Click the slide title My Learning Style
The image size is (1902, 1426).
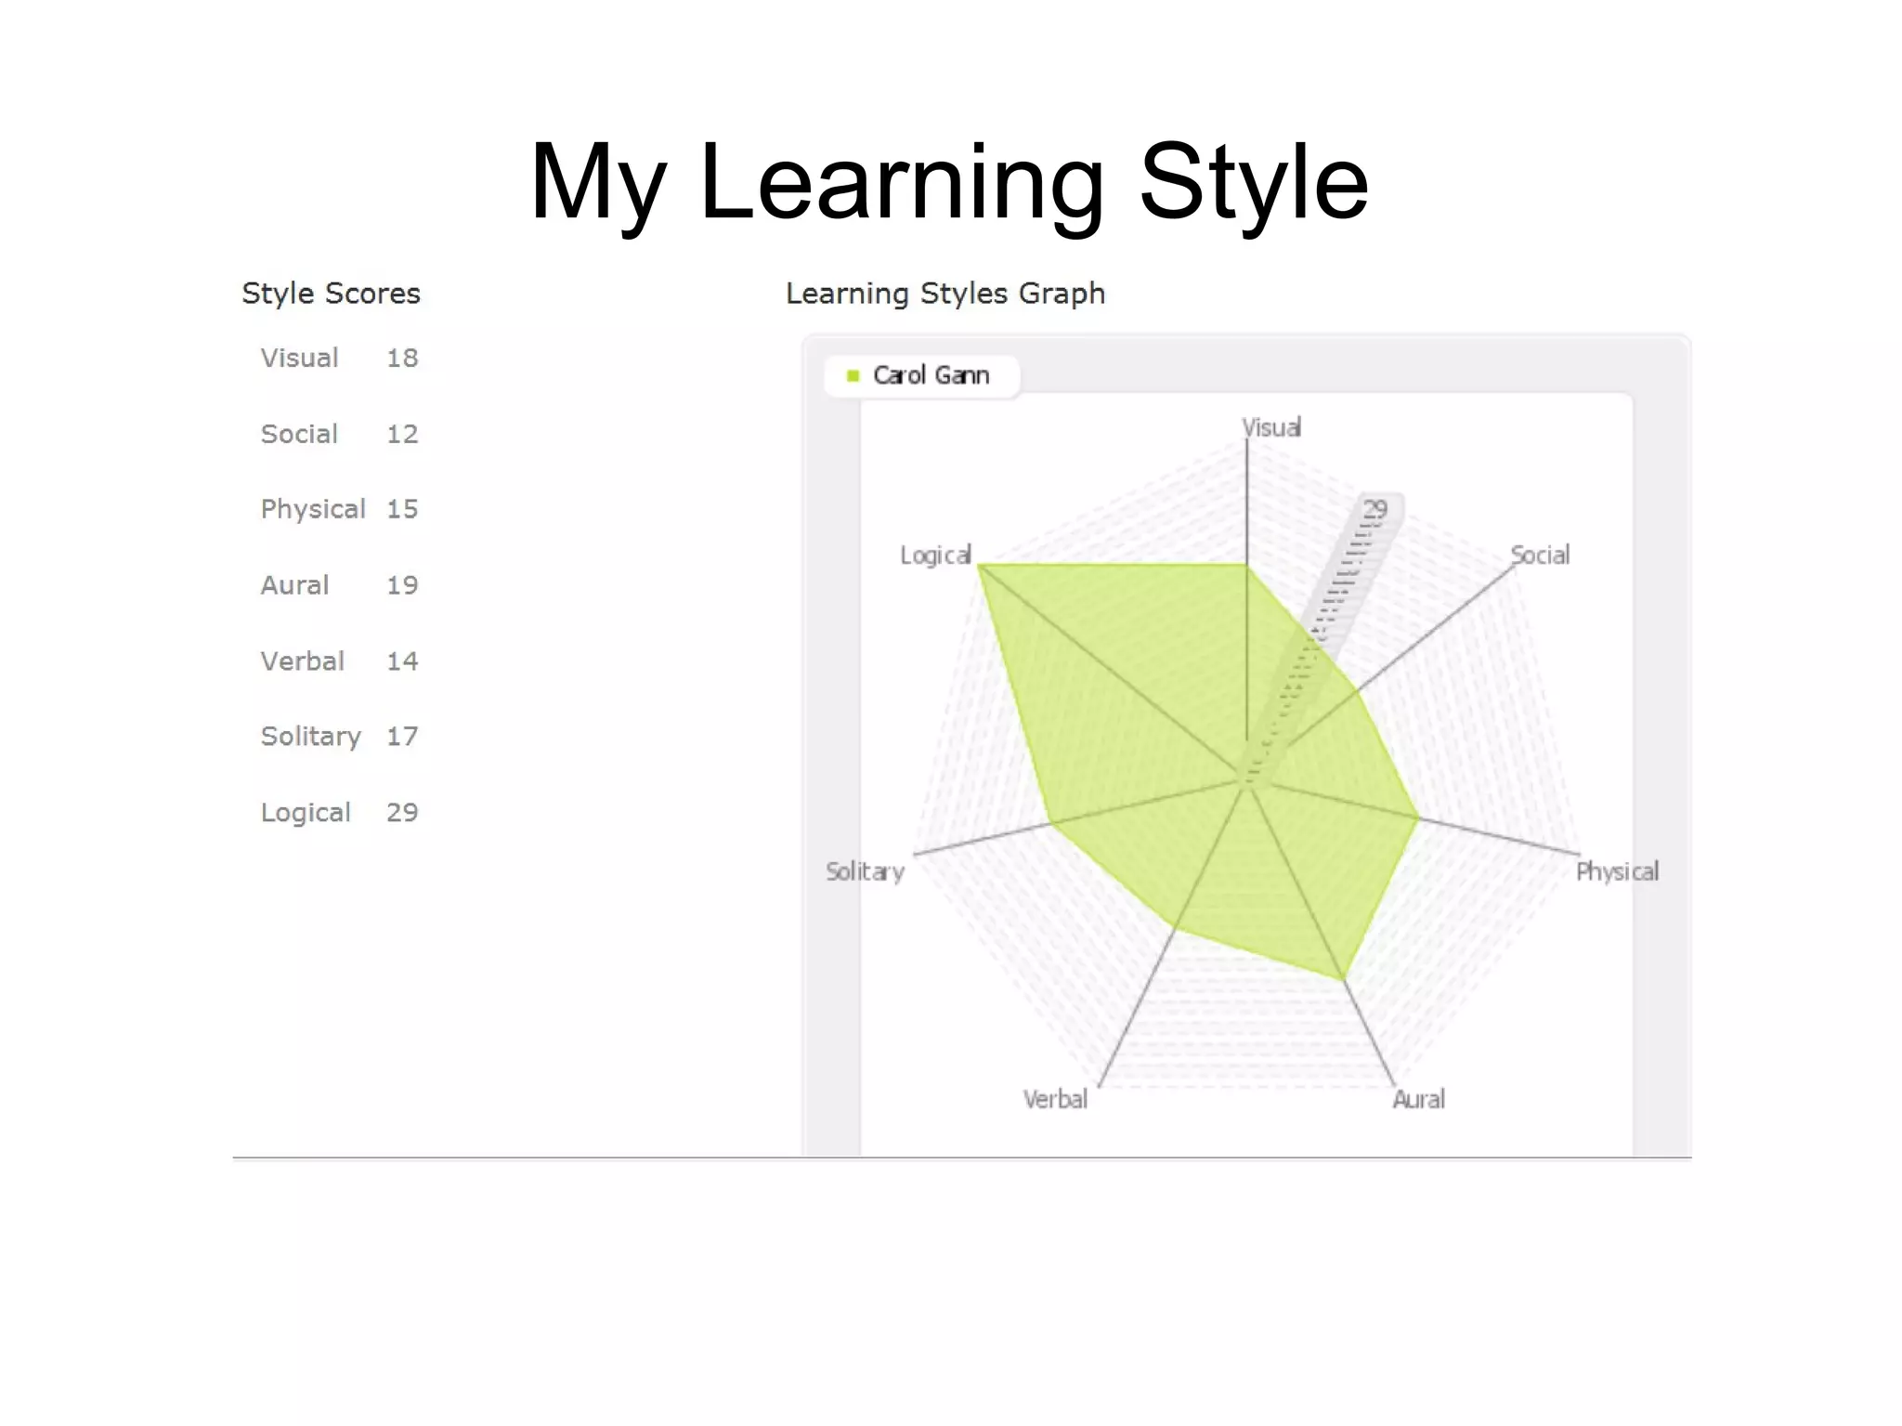[x=948, y=182]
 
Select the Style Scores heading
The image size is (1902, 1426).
[x=331, y=294]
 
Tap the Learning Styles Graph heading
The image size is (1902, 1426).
[x=944, y=294]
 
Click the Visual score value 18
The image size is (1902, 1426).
[x=402, y=358]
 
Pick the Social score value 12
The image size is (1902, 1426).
[x=402, y=434]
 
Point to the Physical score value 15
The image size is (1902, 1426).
[x=402, y=509]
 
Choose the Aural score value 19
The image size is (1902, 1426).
[x=402, y=585]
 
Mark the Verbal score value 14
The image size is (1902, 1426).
[x=402, y=661]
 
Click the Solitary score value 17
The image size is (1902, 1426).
[x=402, y=737]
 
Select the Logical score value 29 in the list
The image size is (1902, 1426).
[x=402, y=813]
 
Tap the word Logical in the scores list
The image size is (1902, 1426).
[x=306, y=813]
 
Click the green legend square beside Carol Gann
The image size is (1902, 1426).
[x=853, y=375]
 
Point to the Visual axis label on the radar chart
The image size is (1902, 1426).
[x=1271, y=427]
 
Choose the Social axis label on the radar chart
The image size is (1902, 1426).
[x=1540, y=556]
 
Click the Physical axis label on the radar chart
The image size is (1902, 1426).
[x=1617, y=871]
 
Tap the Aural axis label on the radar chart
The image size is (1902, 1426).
[x=1418, y=1100]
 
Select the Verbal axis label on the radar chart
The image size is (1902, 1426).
[x=1055, y=1100]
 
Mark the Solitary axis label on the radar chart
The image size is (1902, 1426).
[x=865, y=871]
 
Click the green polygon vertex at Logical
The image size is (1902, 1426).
[x=982, y=565]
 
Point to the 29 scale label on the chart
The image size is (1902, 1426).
[x=1374, y=509]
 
